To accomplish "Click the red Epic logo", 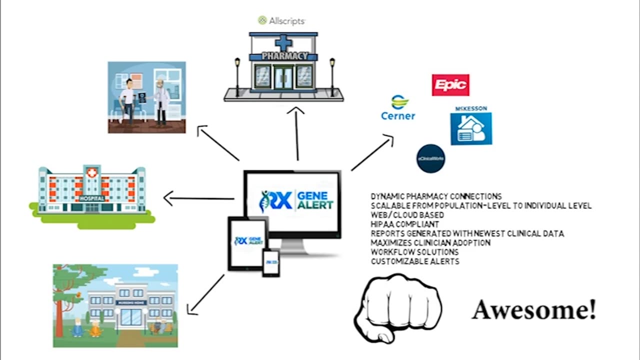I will point(450,85).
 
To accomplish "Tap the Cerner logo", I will point(398,108).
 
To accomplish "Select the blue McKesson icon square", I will point(470,128).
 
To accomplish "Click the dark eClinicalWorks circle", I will point(430,158).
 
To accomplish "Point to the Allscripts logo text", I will point(281,20).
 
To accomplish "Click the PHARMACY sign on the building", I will point(284,56).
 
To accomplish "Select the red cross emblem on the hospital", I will point(91,172).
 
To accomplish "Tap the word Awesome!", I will point(534,310).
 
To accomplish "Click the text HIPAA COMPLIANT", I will point(405,224).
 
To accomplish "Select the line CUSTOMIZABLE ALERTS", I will point(415,261).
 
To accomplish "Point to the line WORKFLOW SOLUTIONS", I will point(407,252).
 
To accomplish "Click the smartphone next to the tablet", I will point(271,262).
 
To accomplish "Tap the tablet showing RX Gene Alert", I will point(247,243).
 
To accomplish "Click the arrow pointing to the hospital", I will point(198,199).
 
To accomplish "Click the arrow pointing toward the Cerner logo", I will point(372,153).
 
